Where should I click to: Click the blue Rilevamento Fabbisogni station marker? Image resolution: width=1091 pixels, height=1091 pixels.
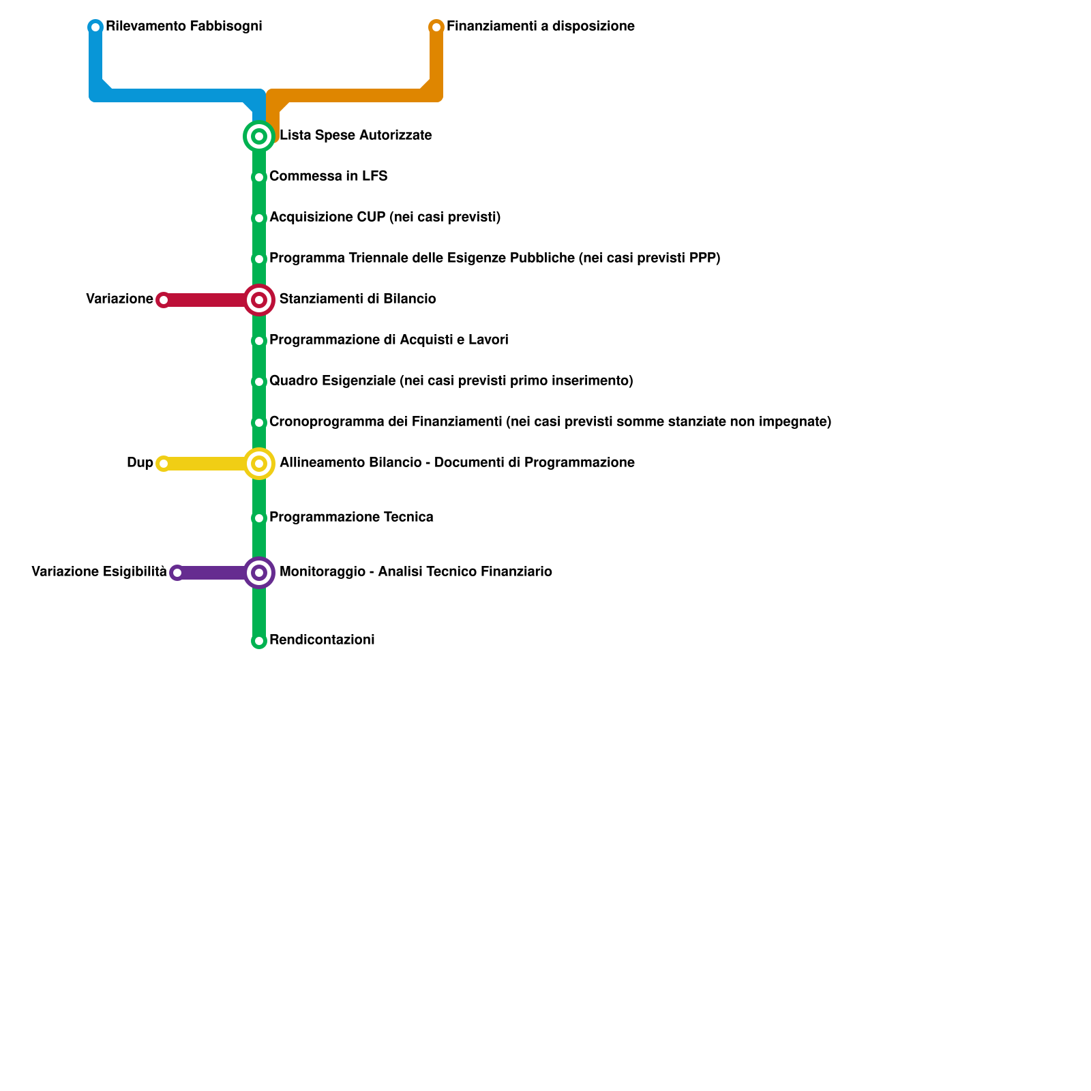click(x=95, y=27)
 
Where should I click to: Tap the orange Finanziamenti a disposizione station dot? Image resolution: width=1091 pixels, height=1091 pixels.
click(x=436, y=27)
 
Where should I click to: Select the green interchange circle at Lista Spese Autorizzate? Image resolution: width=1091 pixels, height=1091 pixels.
click(x=259, y=136)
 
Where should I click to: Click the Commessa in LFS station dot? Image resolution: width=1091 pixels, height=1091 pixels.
click(x=259, y=177)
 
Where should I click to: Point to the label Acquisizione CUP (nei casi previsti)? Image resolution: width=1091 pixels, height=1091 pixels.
click(x=385, y=218)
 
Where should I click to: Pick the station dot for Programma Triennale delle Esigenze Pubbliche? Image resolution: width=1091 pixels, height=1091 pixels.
click(x=259, y=259)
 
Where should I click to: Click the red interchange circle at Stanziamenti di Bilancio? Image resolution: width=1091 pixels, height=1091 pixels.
click(x=259, y=300)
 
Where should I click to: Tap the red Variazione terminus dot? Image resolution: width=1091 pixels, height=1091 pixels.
click(x=164, y=300)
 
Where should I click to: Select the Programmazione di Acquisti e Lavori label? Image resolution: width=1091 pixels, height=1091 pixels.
click(x=389, y=340)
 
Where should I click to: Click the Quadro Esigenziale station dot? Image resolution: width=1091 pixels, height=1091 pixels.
click(x=259, y=382)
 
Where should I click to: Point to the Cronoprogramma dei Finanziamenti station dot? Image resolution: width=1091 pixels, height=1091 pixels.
click(x=259, y=423)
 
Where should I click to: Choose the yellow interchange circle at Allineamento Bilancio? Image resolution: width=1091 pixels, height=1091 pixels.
click(x=259, y=464)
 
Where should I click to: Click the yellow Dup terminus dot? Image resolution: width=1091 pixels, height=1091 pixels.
click(x=164, y=464)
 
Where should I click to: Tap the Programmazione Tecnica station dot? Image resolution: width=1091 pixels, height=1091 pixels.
click(x=259, y=518)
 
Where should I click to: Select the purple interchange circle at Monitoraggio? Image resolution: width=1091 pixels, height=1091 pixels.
click(x=259, y=573)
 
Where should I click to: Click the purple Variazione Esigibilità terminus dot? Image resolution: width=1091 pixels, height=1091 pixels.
click(x=177, y=573)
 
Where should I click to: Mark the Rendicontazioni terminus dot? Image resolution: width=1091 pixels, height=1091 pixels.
click(x=259, y=641)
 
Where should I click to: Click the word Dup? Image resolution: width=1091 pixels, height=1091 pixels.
click(x=140, y=463)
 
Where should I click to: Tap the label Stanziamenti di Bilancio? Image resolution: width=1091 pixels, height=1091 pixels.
click(x=357, y=299)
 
